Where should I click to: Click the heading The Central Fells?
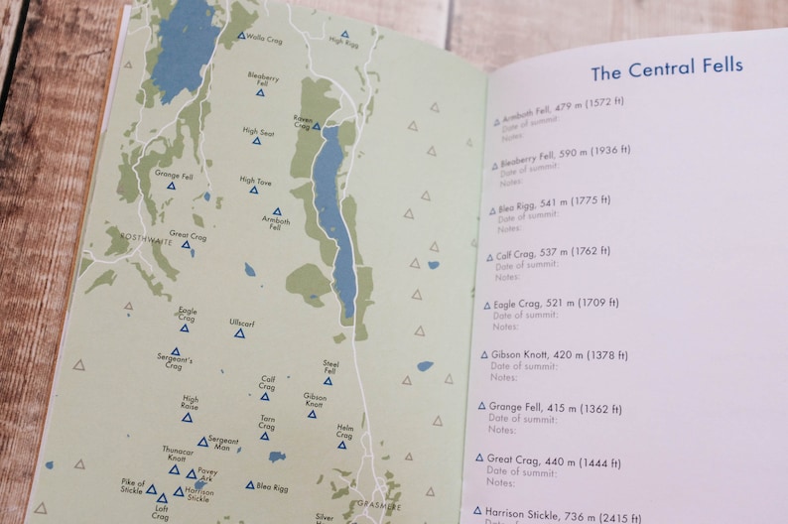[x=666, y=71]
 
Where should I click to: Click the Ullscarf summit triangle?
[x=239, y=333]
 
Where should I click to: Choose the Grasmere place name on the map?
[x=378, y=504]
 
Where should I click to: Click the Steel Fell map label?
[x=331, y=367]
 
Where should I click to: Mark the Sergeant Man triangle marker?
[x=202, y=442]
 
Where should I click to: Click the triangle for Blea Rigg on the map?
[x=250, y=485]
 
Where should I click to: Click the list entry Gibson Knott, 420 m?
[x=545, y=354]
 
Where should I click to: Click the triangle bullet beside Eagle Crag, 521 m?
[x=486, y=305]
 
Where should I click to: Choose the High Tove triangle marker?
[x=254, y=190]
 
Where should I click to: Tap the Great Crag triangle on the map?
[x=186, y=244]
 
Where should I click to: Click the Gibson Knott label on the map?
[x=315, y=400]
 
